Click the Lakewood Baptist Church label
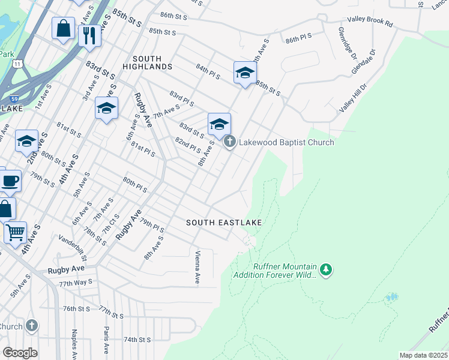(286, 142)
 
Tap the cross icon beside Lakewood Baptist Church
(229, 142)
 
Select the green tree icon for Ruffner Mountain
(326, 270)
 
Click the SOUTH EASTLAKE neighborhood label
(223, 223)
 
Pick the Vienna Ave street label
(197, 266)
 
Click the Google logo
(20, 353)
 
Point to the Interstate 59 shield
(15, 98)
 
